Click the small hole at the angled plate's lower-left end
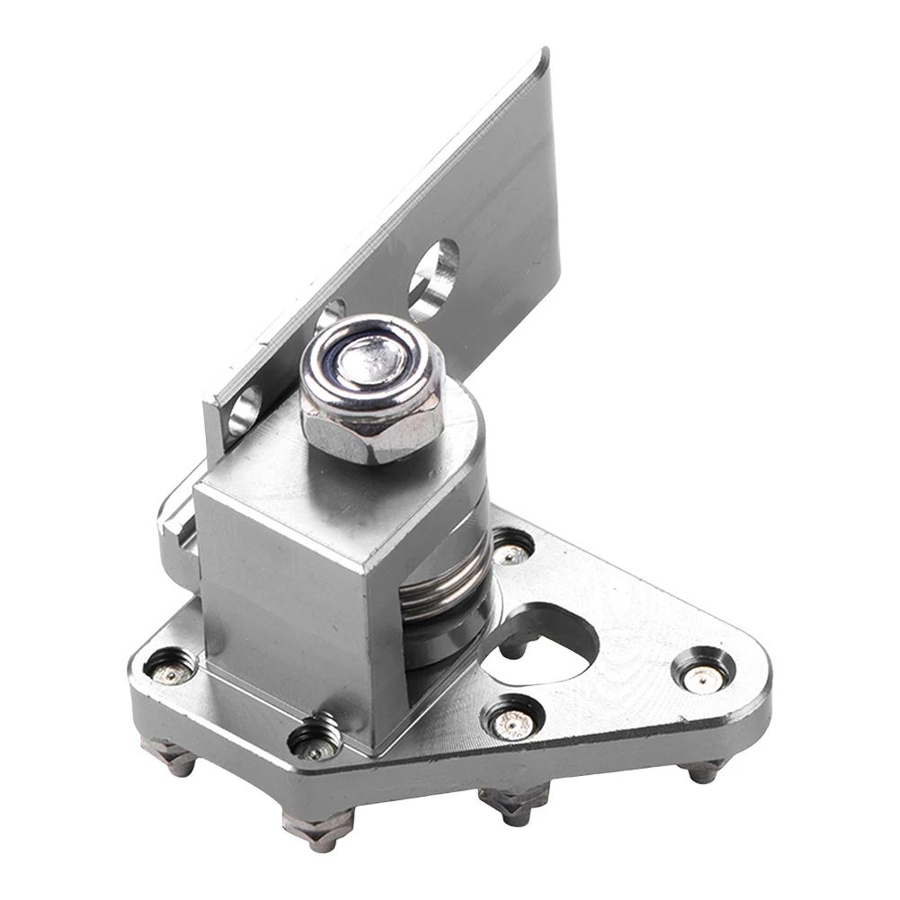pyautogui.click(x=244, y=410)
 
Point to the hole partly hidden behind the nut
pyautogui.click(x=329, y=314)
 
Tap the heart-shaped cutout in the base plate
pyautogui.click(x=539, y=646)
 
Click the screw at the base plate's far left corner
pyautogui.click(x=171, y=668)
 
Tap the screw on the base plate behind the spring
pyautogui.click(x=512, y=548)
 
